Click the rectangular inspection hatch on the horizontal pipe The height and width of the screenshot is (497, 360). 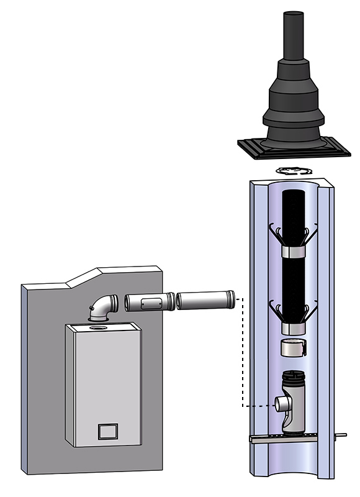pos(148,303)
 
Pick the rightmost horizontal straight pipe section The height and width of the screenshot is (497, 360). pos(205,301)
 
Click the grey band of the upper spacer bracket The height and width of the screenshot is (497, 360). pos(294,253)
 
